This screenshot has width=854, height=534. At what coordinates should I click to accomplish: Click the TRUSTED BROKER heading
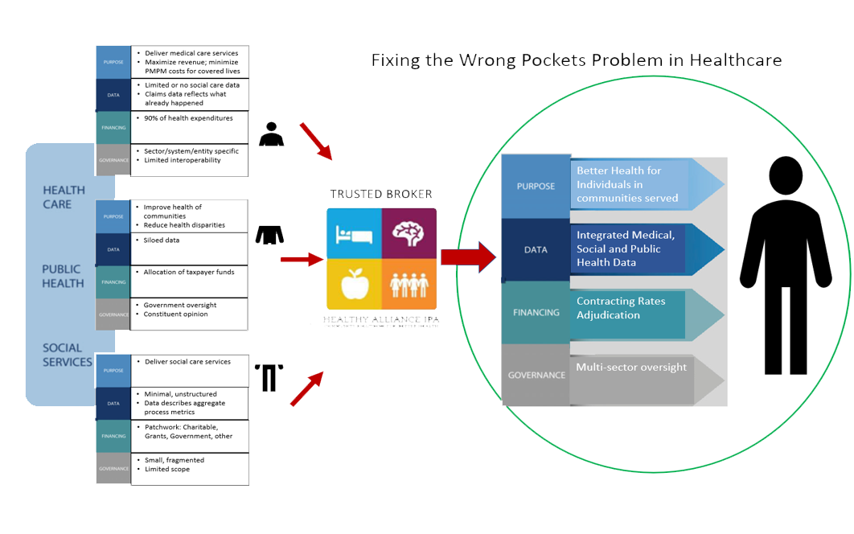coord(381,195)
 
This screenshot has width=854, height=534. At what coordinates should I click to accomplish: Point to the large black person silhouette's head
coord(786,175)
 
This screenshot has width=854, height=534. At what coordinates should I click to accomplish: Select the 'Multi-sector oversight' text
coord(631,368)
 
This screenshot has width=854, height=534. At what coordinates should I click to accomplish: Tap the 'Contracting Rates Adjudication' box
coord(627,309)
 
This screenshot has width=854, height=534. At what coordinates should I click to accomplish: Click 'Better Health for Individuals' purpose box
coord(627,184)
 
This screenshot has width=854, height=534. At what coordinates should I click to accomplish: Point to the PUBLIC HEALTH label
coord(63,276)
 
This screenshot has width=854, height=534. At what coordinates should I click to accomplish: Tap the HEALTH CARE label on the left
coord(64,197)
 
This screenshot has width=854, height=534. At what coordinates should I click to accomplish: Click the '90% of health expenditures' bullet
coord(188,118)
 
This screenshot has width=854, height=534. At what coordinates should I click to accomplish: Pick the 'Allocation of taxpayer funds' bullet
coord(189,272)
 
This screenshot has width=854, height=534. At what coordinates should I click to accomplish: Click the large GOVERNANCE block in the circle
coord(536,375)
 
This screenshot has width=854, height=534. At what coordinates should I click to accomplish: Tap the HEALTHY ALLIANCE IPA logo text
coord(381,319)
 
